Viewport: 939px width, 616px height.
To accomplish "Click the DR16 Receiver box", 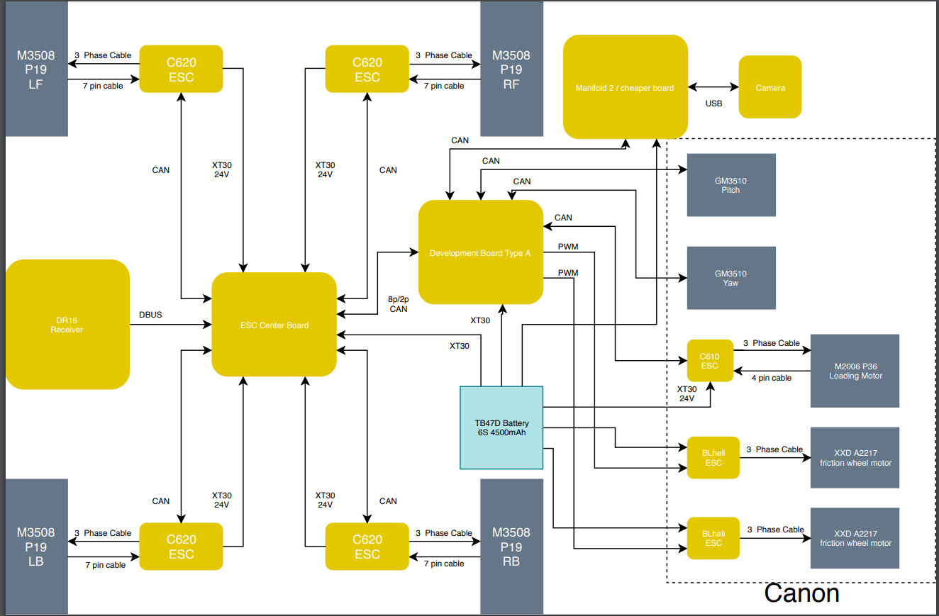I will point(67,324).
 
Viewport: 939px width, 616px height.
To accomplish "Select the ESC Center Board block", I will point(274,325).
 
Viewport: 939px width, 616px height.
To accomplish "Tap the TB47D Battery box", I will point(501,427).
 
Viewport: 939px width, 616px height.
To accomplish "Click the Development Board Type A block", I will point(480,253).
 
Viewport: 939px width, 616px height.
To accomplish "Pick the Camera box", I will point(770,87).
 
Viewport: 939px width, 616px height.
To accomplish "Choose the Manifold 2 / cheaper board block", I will point(625,87).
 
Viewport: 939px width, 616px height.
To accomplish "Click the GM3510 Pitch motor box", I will point(730,185).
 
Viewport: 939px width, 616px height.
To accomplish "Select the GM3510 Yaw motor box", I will point(730,278).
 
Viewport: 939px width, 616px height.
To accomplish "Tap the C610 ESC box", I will point(710,361).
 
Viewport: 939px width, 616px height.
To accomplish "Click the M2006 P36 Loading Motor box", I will point(855,371).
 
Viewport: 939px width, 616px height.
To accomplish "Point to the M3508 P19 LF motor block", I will point(35,69).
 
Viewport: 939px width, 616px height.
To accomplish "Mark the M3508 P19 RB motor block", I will point(511,546).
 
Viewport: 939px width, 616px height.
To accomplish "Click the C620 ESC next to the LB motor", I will point(181,547).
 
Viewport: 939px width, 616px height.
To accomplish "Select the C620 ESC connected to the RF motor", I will point(367,69).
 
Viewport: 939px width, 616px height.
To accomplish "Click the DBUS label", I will point(150,314).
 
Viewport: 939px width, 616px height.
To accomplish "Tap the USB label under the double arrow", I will point(713,103).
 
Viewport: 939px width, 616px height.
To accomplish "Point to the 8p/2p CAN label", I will point(399,303).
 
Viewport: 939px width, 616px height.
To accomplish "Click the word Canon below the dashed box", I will point(801,593).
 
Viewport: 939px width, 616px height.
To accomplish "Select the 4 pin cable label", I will point(771,378).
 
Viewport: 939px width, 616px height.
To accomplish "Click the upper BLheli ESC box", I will point(713,457).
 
